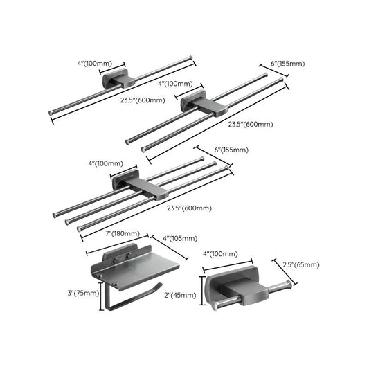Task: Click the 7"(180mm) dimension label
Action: coord(123,233)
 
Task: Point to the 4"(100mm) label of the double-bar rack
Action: coord(178,83)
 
